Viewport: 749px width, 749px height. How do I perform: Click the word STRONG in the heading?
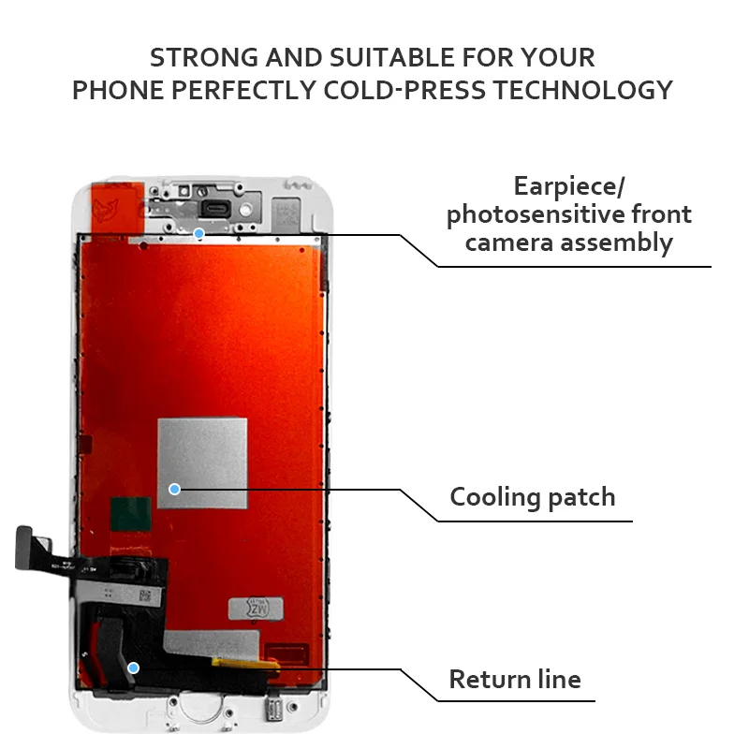[204, 58]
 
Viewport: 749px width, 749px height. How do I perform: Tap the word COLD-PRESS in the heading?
[404, 90]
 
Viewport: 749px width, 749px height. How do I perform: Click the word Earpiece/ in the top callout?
[569, 185]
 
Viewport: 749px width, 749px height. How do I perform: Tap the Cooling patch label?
[533, 497]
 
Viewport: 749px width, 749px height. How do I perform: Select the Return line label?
[516, 680]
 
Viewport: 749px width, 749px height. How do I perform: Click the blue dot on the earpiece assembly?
[199, 233]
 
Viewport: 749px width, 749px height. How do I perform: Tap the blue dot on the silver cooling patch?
[175, 489]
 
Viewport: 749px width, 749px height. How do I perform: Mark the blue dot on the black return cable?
[134, 668]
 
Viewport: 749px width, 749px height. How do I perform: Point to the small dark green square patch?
[131, 514]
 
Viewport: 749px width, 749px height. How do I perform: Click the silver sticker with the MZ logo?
[256, 609]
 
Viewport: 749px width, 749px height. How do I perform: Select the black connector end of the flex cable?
[24, 548]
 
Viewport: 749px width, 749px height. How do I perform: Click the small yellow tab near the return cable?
[245, 664]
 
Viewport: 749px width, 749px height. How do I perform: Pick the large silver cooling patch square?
[202, 463]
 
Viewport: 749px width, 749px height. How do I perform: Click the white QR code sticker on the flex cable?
[144, 595]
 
